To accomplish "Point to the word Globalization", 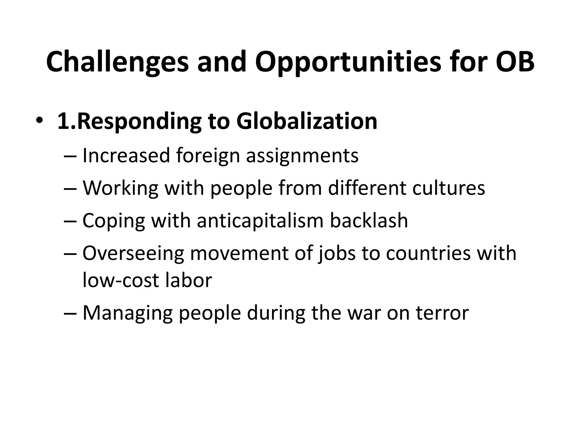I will coord(307,121).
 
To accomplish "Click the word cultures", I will coord(449,188).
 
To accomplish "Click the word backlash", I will coord(369,221).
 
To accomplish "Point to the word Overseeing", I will coord(133,253).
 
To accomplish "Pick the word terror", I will coord(442,313).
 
